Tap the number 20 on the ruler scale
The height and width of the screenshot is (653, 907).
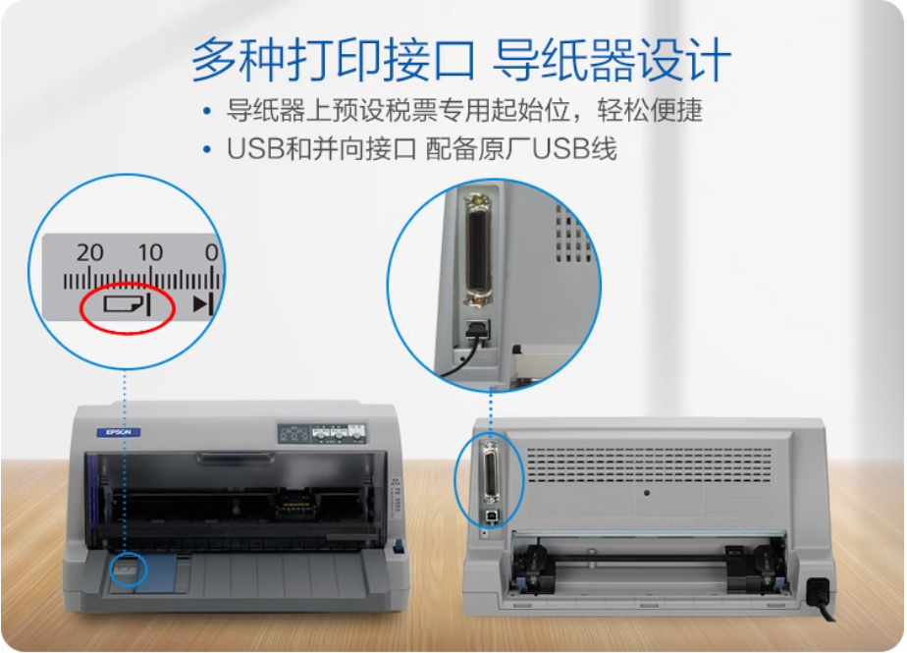89,252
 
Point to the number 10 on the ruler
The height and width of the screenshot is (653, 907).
149,252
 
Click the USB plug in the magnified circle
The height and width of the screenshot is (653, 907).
476,332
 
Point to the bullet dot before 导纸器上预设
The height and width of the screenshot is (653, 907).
206,109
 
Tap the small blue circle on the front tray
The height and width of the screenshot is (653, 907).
127,568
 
